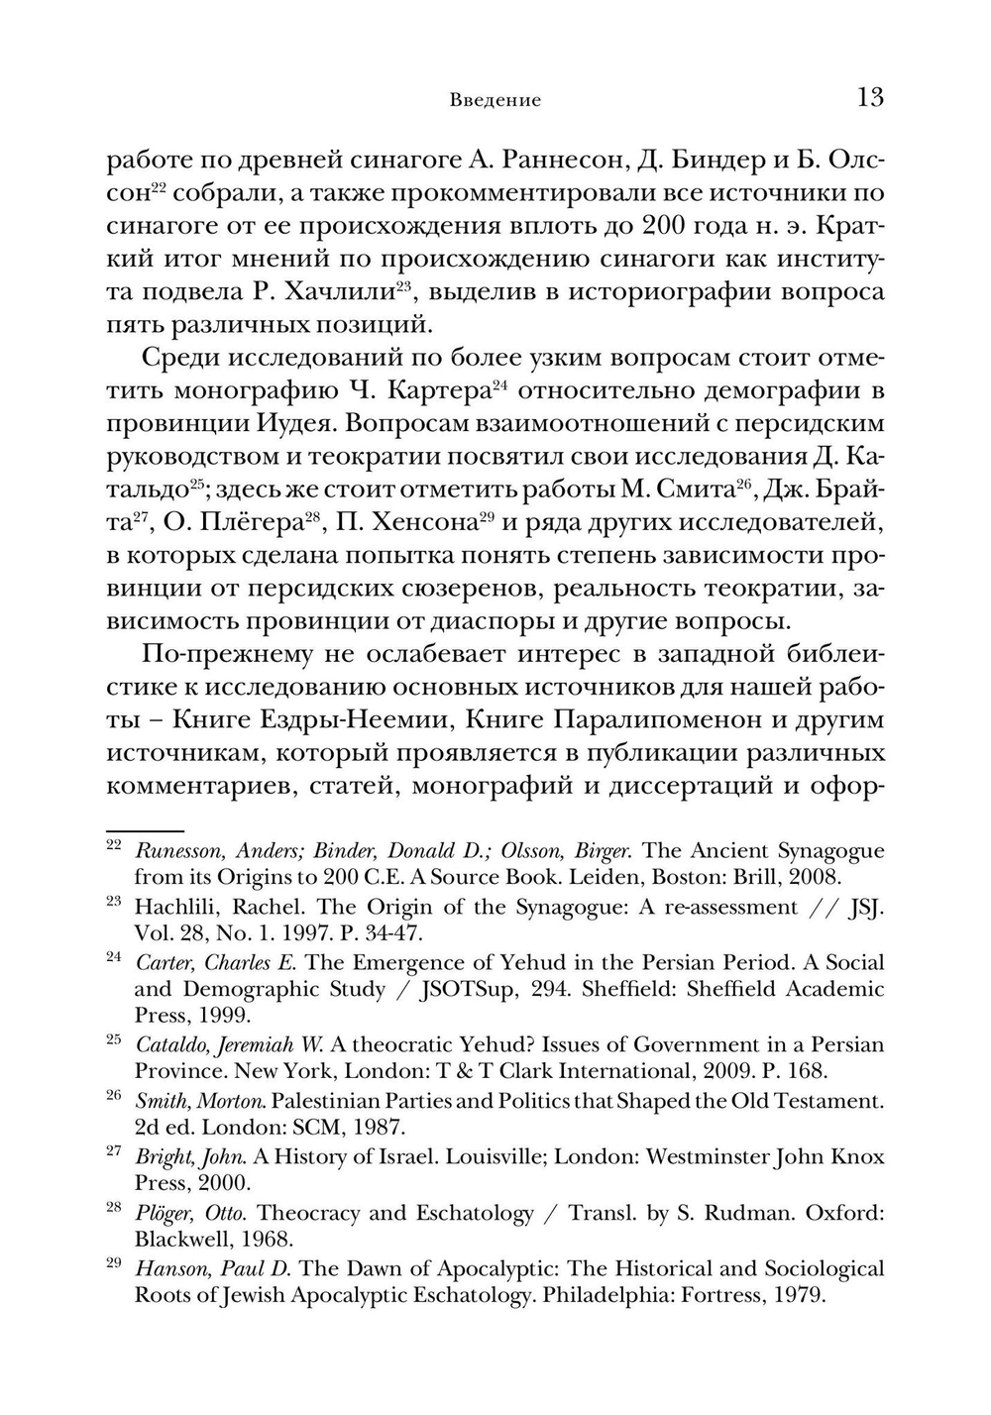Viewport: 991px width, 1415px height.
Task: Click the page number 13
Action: click(869, 97)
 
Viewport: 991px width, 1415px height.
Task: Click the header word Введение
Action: click(495, 100)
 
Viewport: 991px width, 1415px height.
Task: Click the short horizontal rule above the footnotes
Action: click(146, 829)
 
